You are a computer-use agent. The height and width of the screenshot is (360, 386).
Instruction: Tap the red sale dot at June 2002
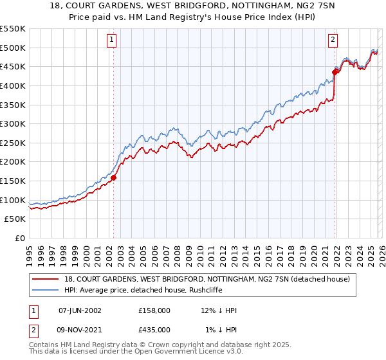[113, 178]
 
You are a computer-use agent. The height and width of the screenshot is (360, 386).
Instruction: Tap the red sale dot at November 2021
[335, 71]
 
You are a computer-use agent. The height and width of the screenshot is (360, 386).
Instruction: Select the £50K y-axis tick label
[15, 219]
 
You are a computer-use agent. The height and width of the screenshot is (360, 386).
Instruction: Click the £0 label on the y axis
[21, 239]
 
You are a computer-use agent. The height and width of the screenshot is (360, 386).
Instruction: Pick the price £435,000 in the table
[154, 329]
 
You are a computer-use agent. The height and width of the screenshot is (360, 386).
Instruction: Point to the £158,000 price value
[154, 310]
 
